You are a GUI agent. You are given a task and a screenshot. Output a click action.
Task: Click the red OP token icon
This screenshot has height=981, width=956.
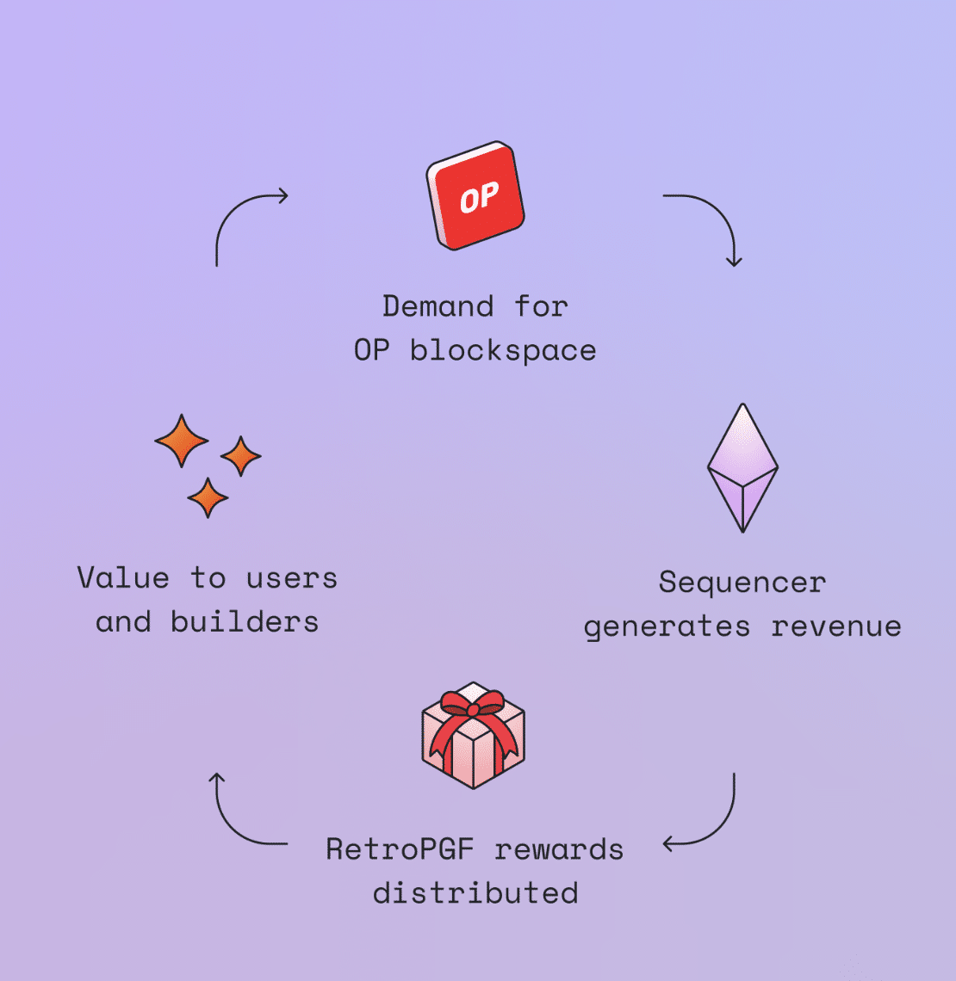[475, 196]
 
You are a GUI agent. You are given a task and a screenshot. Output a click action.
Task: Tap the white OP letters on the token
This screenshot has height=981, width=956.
[479, 199]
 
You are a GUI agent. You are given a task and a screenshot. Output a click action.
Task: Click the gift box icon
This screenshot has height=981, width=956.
[473, 736]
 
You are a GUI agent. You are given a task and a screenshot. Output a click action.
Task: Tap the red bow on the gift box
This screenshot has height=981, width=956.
[472, 709]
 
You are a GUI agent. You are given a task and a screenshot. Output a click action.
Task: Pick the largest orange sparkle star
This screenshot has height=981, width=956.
[182, 441]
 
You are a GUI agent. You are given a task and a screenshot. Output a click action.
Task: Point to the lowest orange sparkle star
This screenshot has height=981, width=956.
[208, 497]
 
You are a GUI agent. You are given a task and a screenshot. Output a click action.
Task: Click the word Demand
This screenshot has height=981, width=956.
[438, 306]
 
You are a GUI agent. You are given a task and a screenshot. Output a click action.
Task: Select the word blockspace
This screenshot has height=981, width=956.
[503, 351]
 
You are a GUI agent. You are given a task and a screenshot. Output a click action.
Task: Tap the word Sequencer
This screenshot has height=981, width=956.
[742, 583]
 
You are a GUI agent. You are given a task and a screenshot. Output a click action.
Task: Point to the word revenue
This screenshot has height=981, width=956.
[835, 627]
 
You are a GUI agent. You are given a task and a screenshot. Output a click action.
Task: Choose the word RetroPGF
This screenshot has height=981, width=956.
[400, 850]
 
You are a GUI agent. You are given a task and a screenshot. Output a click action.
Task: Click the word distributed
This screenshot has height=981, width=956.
[475, 893]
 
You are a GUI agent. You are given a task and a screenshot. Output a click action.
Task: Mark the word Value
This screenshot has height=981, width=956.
[123, 577]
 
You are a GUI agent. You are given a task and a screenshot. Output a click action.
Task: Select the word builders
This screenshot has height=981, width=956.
[245, 621]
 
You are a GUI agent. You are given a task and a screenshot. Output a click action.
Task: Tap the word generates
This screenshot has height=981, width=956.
[667, 627]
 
